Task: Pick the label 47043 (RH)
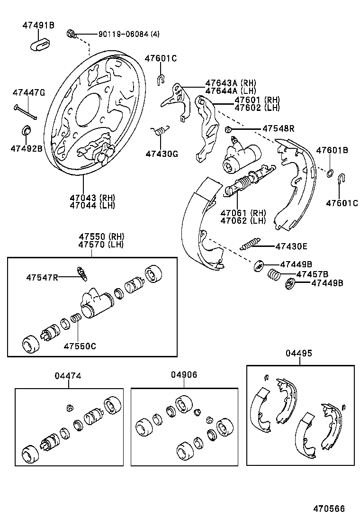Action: click(92, 198)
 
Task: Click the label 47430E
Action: click(291, 246)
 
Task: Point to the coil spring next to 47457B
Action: click(273, 274)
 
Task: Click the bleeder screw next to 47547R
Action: click(82, 273)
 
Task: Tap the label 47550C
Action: click(80, 345)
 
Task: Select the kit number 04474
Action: click(68, 376)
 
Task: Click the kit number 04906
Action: click(184, 374)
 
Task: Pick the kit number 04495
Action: click(299, 353)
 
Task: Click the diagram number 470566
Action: click(328, 509)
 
